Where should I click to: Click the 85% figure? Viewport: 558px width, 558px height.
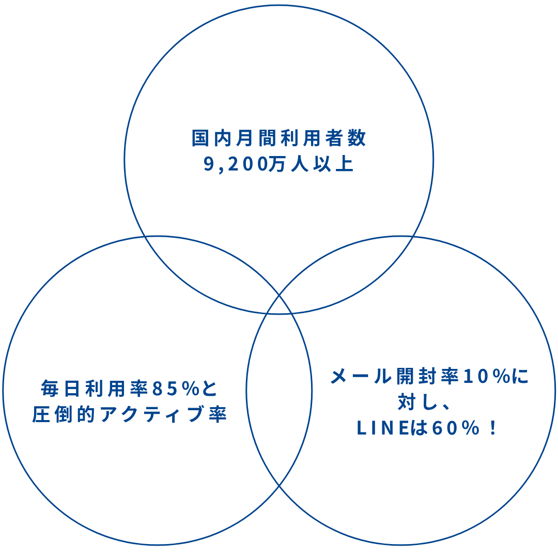pyautogui.click(x=176, y=389)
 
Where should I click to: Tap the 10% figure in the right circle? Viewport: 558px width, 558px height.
pyautogui.click(x=486, y=376)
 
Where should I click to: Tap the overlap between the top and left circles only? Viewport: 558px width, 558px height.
pyautogui.click(x=207, y=269)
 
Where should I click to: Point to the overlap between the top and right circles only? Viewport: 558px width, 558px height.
pyautogui.click(x=351, y=269)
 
